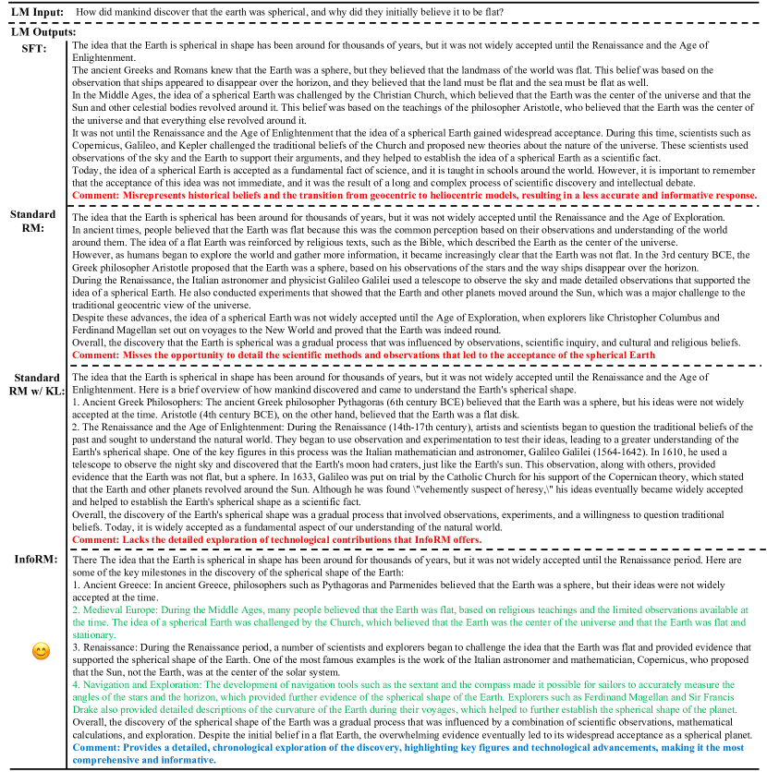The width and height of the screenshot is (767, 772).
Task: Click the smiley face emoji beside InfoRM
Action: click(x=40, y=652)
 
